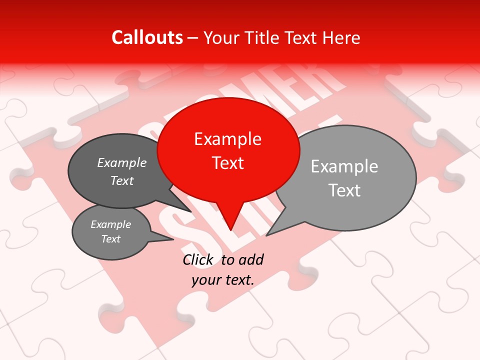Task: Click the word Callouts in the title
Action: pyautogui.click(x=147, y=37)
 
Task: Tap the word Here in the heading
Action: pyautogui.click(x=340, y=37)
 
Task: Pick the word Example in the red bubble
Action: pyautogui.click(x=227, y=139)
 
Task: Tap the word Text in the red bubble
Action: pyautogui.click(x=228, y=163)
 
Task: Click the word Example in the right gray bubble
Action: pyautogui.click(x=344, y=166)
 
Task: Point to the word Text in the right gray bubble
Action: pyautogui.click(x=344, y=190)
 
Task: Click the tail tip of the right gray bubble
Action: pyautogui.click(x=267, y=234)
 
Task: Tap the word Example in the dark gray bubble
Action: pyautogui.click(x=121, y=163)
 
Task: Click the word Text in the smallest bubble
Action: pyautogui.click(x=111, y=239)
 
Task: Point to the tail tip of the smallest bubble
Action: pyautogui.click(x=172, y=239)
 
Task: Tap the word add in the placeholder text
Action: pyautogui.click(x=250, y=259)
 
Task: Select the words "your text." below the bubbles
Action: pyautogui.click(x=223, y=280)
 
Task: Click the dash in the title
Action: pyautogui.click(x=193, y=37)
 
